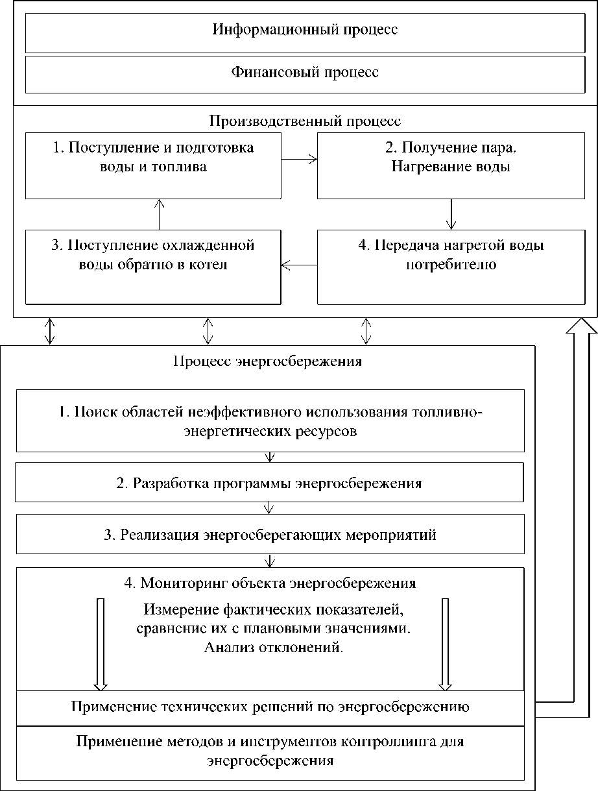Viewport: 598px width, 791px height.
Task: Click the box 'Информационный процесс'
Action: point(305,30)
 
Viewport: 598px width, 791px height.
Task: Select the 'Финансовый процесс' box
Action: point(305,72)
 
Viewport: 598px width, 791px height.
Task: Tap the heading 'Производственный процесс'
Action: point(305,121)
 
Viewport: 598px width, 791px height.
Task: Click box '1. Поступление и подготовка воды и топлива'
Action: point(153,165)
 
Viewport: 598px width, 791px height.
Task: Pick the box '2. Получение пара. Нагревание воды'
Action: point(451,165)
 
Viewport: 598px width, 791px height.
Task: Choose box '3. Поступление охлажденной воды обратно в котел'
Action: point(153,265)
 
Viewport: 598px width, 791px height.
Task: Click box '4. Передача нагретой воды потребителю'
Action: point(451,265)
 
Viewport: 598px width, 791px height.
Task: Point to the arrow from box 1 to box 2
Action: point(299,158)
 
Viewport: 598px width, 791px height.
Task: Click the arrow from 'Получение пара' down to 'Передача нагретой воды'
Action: point(451,213)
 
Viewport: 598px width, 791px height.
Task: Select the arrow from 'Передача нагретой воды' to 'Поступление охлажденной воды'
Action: point(299,265)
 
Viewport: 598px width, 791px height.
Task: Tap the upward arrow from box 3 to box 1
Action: point(160,213)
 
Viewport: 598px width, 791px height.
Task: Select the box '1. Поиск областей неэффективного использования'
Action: point(270,420)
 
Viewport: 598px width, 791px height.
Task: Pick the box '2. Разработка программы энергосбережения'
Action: point(269,483)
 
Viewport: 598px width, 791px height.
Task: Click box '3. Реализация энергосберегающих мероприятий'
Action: point(270,535)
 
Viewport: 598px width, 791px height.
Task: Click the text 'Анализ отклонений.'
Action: point(273,647)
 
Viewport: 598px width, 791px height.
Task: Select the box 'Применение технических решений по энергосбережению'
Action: point(270,707)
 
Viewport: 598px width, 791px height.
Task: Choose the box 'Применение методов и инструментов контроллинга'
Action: point(270,751)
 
